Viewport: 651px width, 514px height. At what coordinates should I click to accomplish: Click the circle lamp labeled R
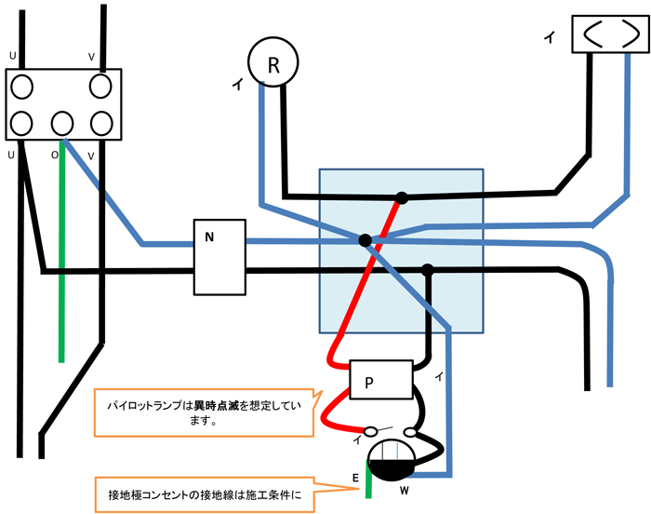point(272,64)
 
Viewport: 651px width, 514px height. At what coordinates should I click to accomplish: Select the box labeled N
point(219,257)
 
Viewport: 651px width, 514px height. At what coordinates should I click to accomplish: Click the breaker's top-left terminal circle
point(23,87)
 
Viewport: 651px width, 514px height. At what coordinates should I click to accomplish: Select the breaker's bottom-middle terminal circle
point(62,122)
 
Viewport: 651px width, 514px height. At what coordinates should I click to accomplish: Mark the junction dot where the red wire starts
point(402,197)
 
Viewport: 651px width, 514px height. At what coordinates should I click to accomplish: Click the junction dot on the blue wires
point(365,240)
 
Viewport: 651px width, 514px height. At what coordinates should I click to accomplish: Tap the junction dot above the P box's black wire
point(428,271)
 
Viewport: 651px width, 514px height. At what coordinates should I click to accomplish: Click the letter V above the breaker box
point(91,57)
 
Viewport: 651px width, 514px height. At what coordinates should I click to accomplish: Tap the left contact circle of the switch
point(371,432)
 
